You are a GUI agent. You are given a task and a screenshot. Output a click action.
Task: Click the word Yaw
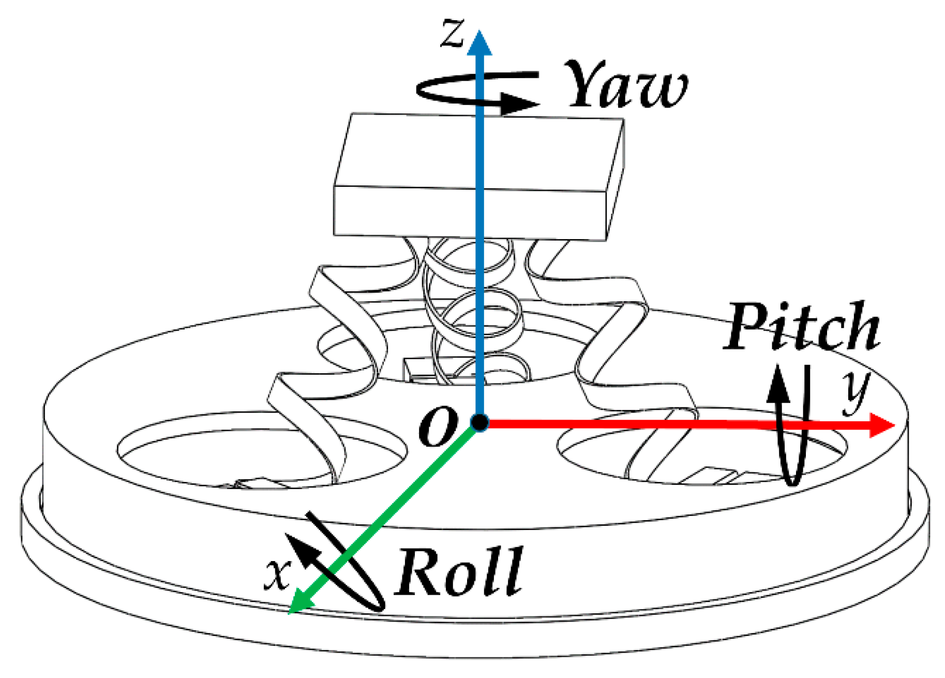point(626,85)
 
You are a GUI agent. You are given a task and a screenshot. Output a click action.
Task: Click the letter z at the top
point(453,34)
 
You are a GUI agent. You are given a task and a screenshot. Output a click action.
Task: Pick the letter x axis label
point(277,574)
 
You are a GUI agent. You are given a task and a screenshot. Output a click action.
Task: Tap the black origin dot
point(480,423)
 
